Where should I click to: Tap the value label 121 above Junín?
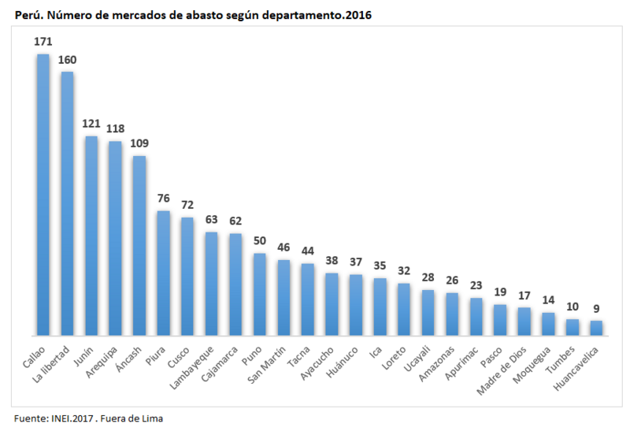[91, 125]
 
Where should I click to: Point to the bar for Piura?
[163, 273]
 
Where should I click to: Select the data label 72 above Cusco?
[187, 206]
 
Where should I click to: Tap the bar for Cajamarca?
[235, 284]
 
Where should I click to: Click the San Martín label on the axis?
[267, 365]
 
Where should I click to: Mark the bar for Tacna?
[308, 299]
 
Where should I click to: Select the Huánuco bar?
[356, 305]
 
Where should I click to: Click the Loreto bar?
[404, 309]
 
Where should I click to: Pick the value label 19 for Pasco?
[500, 292]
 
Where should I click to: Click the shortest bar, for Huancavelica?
[596, 328]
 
